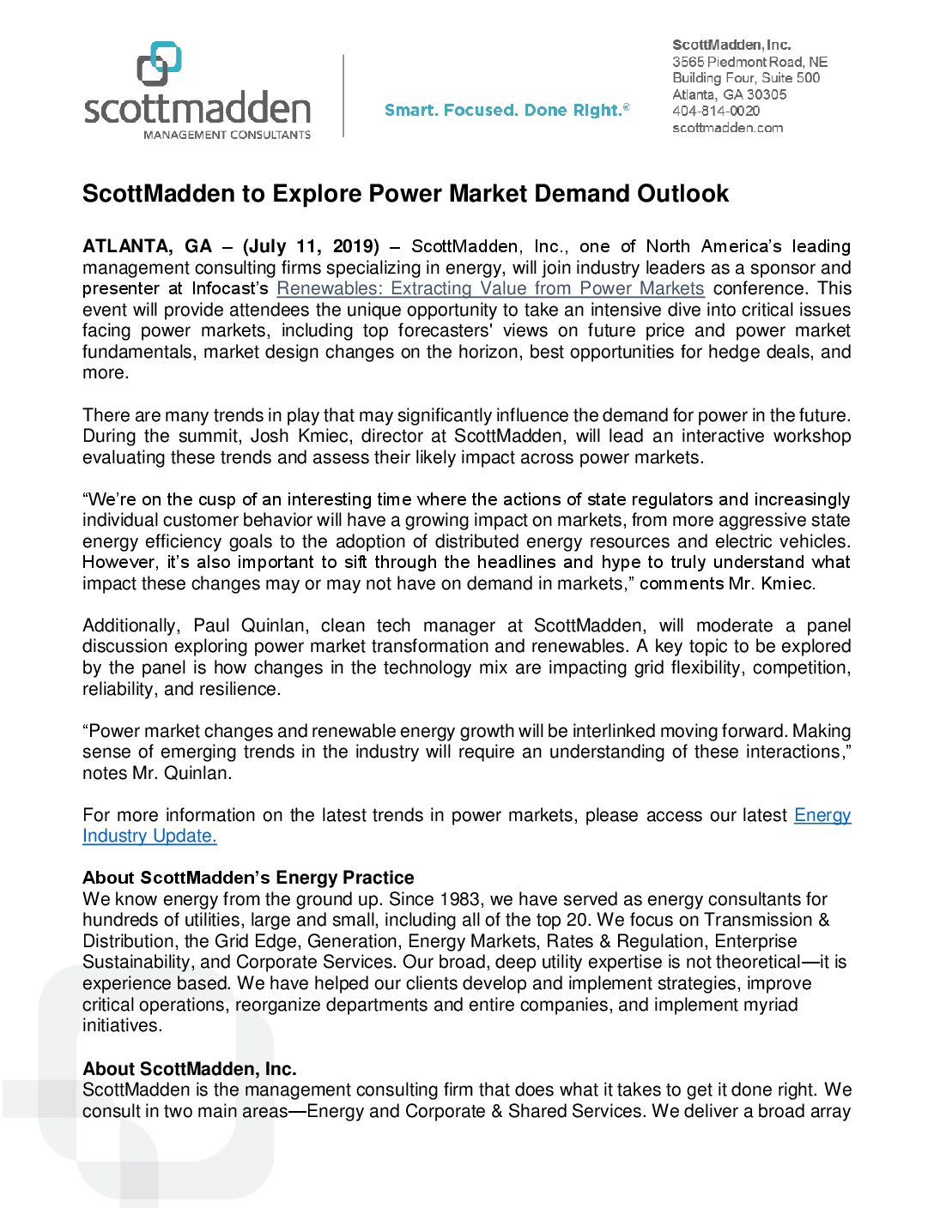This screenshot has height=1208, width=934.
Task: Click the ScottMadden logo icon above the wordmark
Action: click(x=160, y=63)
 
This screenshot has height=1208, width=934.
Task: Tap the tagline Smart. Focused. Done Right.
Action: click(x=506, y=110)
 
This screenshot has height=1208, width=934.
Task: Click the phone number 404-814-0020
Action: click(x=716, y=111)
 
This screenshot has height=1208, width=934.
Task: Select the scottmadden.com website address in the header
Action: click(x=727, y=128)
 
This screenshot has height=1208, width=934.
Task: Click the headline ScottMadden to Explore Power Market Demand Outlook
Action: click(x=405, y=194)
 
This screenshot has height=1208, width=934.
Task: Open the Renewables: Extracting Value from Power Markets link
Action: click(x=490, y=288)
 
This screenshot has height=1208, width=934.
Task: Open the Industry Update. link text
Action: click(x=149, y=836)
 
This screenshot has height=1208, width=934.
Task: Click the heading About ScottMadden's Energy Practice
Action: click(x=248, y=878)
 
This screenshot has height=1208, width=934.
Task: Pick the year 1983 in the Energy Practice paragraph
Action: click(x=459, y=899)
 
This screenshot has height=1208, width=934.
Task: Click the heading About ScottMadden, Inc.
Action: click(x=190, y=1069)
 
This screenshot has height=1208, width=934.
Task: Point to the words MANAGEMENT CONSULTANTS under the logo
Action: click(x=227, y=135)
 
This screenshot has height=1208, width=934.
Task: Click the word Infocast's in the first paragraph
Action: click(x=230, y=288)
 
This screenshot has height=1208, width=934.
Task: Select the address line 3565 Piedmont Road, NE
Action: click(x=749, y=62)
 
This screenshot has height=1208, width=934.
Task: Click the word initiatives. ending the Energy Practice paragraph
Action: click(x=122, y=1025)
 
